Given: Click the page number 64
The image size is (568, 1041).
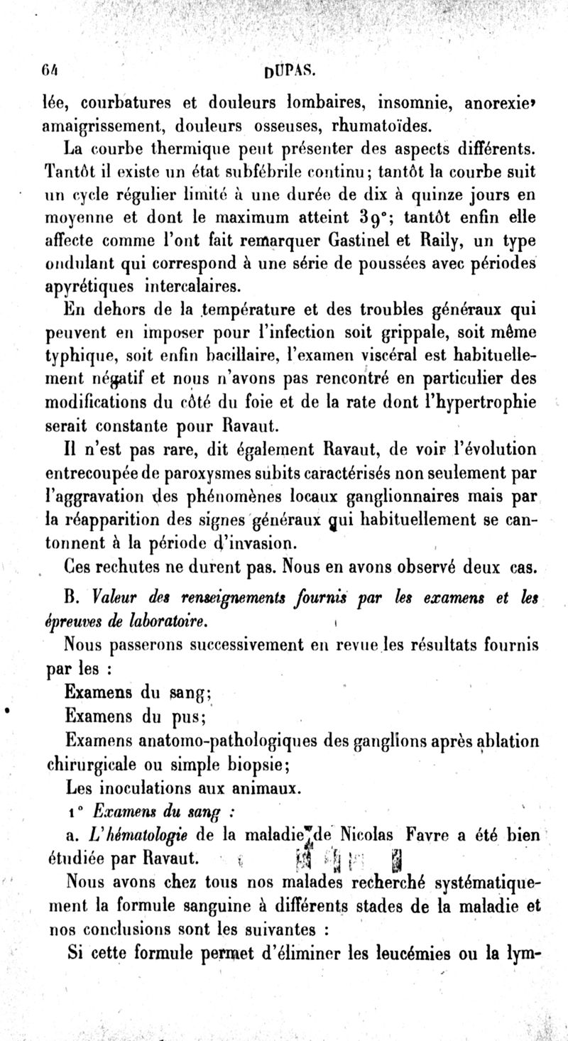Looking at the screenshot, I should point(50,71).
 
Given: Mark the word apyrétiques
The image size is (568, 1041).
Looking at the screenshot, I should point(94,287).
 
